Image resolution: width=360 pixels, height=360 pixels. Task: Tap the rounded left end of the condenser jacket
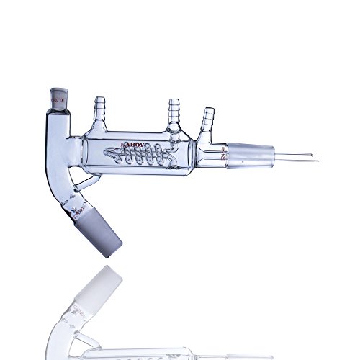[84, 153]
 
